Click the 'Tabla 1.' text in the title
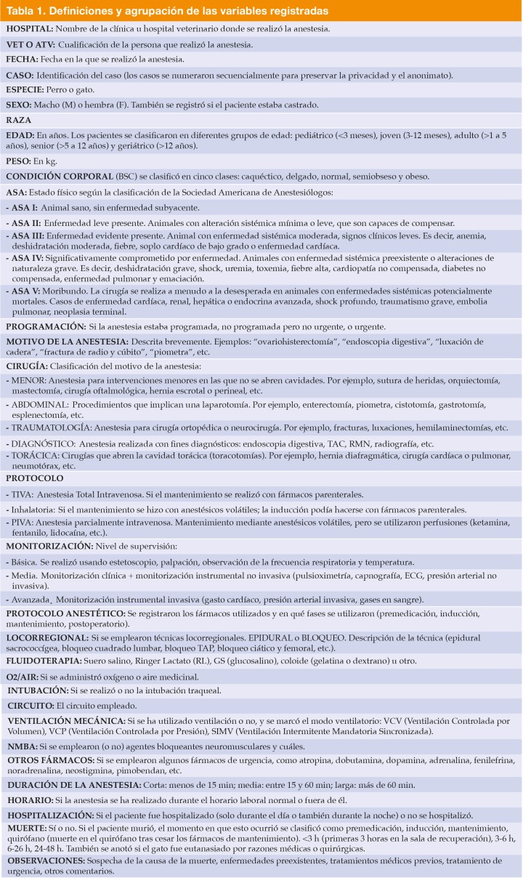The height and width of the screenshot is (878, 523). pos(27,12)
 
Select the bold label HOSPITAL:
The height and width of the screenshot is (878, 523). pos(31,28)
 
